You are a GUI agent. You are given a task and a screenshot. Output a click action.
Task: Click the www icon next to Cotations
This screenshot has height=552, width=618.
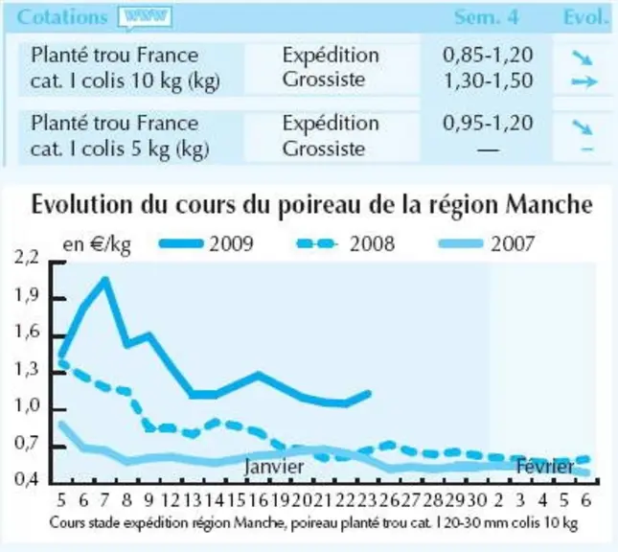pos(146,18)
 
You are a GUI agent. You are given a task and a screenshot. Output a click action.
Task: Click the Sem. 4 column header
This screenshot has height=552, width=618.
pos(487,17)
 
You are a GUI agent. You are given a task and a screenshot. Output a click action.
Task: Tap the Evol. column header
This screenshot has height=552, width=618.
pos(586,17)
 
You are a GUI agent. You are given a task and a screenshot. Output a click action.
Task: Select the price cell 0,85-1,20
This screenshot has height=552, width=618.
pos(488,56)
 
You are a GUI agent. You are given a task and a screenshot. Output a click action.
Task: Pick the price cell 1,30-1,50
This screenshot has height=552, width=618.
pos(488,80)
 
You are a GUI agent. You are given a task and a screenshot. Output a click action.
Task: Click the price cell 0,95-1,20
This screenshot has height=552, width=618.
pos(488,123)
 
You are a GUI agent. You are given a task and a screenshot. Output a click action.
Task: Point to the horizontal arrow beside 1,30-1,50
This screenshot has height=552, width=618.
pos(584,81)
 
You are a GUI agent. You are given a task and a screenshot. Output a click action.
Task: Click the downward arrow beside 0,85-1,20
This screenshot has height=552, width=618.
pos(583,57)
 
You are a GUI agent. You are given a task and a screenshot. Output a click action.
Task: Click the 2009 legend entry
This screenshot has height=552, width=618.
pos(206,243)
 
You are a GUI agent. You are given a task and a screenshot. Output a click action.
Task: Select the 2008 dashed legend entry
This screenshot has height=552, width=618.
pos(346,243)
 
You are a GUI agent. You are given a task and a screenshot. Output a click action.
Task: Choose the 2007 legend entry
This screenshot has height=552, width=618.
pos(487,243)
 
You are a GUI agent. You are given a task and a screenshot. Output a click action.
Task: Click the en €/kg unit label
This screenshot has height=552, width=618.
pos(97,244)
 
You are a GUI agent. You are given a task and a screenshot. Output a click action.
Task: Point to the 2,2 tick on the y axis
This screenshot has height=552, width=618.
pos(27,258)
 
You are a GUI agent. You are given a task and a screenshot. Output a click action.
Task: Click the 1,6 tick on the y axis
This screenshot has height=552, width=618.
pos(27,332)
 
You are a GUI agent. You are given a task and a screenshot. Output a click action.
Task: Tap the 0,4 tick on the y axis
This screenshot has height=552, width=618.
pos(27,479)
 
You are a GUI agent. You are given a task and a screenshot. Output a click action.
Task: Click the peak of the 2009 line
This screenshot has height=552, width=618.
pos(105,280)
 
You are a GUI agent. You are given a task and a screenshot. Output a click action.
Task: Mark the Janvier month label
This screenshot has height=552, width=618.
pos(274,467)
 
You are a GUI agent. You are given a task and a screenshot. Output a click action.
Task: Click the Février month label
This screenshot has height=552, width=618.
pos(545,467)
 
